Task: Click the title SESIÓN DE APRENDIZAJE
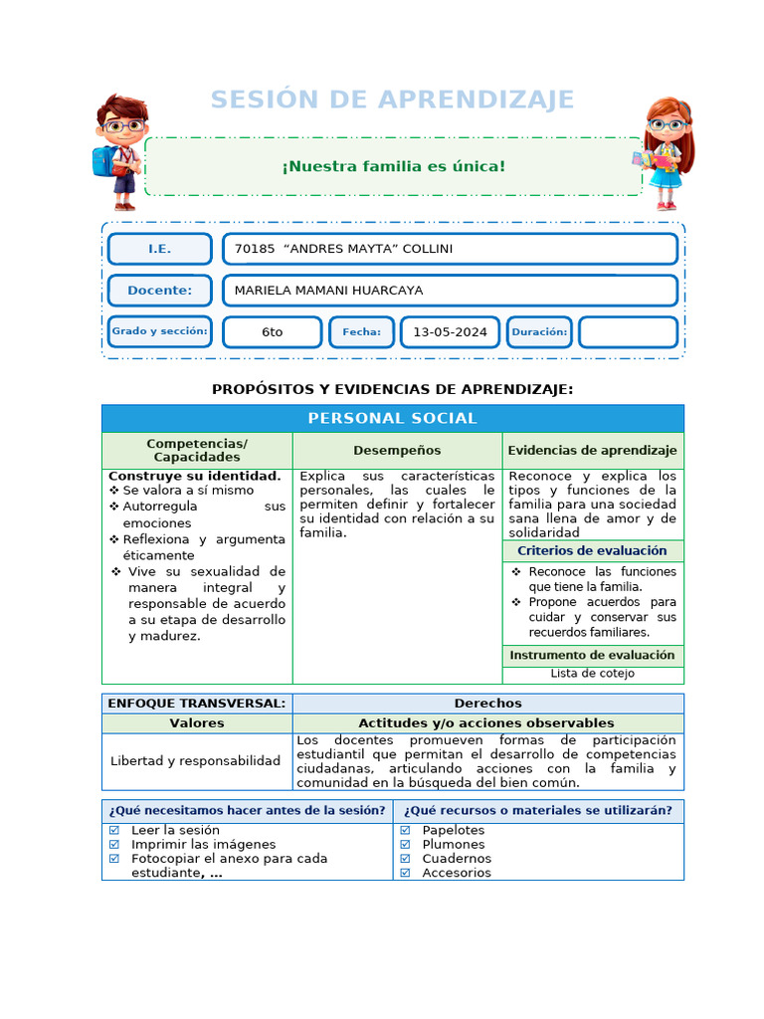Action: click(x=392, y=100)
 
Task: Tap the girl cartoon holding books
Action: click(x=665, y=152)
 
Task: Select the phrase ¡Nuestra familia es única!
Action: click(x=393, y=165)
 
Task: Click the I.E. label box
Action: click(x=159, y=249)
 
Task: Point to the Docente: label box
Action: click(x=159, y=291)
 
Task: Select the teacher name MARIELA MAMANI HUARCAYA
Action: click(x=328, y=291)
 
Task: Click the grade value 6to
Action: click(x=273, y=332)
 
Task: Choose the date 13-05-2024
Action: click(x=450, y=332)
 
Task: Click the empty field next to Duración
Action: click(x=628, y=332)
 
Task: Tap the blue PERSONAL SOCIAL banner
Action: click(x=392, y=419)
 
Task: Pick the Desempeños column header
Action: click(x=397, y=451)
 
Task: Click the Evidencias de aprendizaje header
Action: click(x=592, y=451)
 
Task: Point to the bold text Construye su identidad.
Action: click(x=194, y=476)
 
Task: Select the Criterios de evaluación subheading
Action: click(x=592, y=551)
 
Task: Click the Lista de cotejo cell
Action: click(x=592, y=674)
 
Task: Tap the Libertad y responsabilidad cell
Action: click(x=196, y=761)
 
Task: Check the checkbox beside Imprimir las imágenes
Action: click(x=114, y=844)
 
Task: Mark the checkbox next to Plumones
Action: click(x=406, y=844)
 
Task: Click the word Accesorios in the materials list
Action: click(x=457, y=873)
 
